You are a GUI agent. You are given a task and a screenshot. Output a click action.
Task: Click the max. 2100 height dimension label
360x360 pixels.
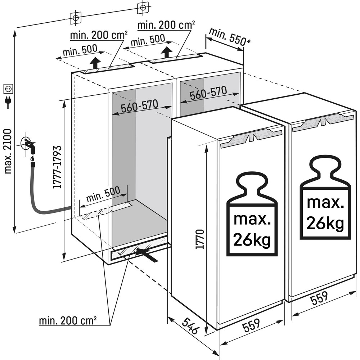8,151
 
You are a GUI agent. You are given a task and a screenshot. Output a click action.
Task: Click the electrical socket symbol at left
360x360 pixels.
8,88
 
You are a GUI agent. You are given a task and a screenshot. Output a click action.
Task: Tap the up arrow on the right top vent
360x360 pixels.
166,52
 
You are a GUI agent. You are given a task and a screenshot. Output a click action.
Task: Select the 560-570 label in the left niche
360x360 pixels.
139,106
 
